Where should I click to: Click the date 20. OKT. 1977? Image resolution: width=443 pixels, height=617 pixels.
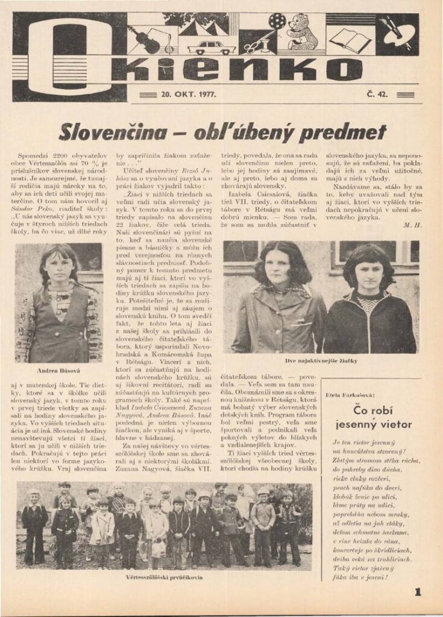[189, 94]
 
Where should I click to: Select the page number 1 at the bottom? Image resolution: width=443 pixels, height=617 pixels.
[418, 592]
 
